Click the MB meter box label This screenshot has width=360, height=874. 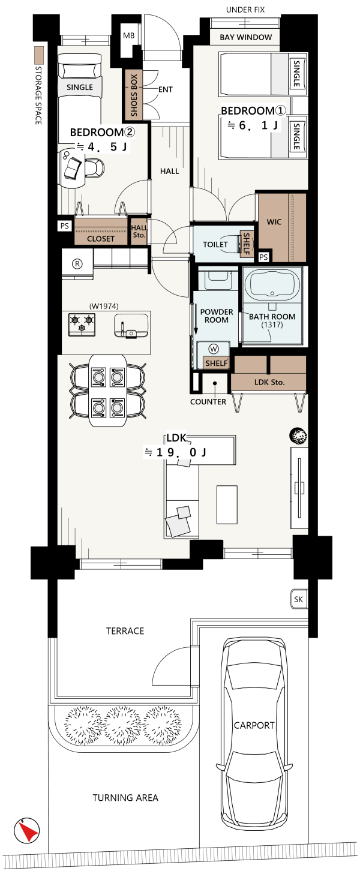(x=129, y=36)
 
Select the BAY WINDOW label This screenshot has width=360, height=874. (x=245, y=37)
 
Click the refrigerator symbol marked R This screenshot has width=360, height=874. (x=77, y=264)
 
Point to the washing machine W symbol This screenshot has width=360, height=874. (x=214, y=349)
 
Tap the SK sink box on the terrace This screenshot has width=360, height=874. (x=298, y=599)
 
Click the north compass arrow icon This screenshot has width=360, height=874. (x=27, y=830)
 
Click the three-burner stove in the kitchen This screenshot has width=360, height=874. (x=82, y=325)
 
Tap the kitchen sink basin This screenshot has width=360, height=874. (x=131, y=326)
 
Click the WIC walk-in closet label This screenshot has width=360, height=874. (x=274, y=222)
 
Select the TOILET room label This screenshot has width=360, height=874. (x=215, y=245)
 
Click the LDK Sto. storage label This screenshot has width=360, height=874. (x=269, y=382)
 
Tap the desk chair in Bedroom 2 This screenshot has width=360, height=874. (x=94, y=168)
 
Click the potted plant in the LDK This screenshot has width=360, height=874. (x=298, y=436)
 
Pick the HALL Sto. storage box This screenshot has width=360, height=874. (x=139, y=232)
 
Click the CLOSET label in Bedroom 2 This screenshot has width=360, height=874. (x=101, y=239)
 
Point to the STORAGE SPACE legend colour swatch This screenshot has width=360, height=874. (x=38, y=56)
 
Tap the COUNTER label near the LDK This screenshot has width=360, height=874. (x=208, y=402)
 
